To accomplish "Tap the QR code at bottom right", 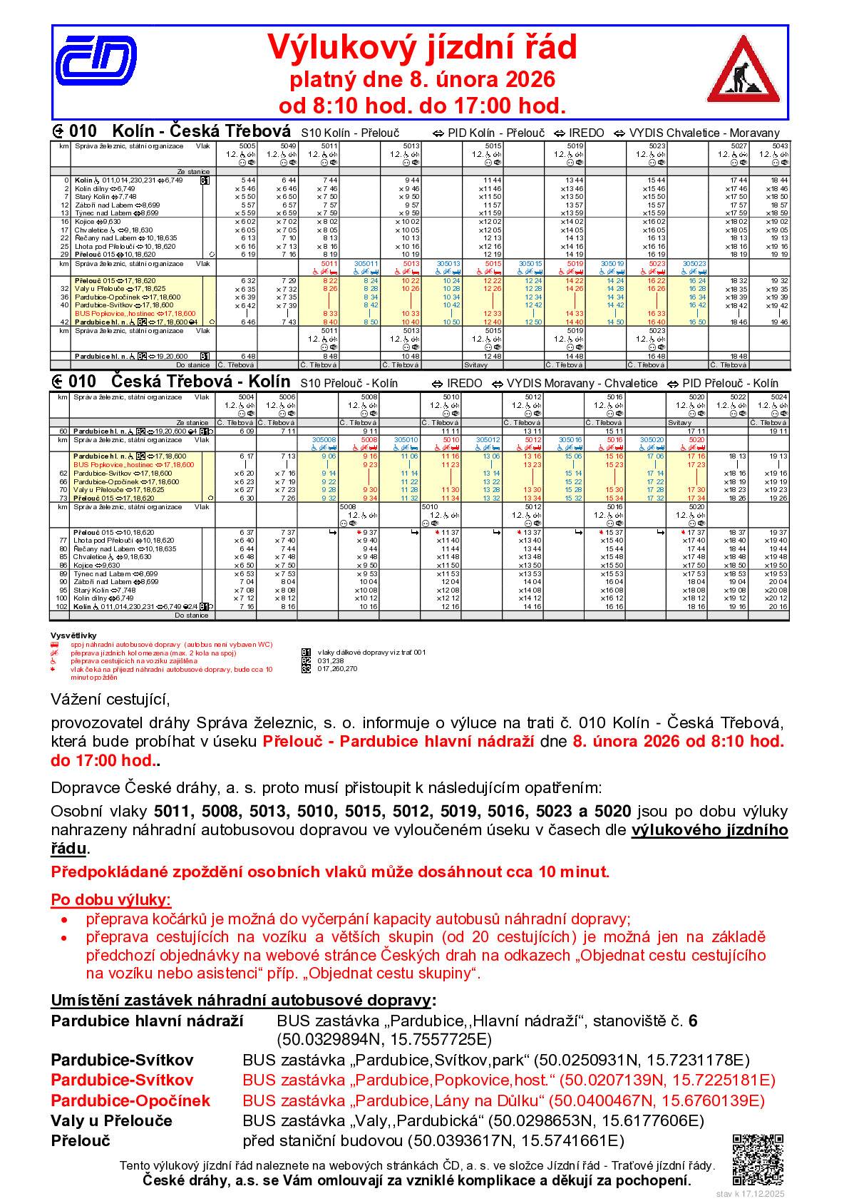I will click(758, 1157).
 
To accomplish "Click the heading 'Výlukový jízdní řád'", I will click(422, 48).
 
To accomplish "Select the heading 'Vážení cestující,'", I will click(110, 697).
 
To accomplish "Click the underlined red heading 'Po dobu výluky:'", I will click(110, 899).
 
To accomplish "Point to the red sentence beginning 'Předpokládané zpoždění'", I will click(330, 872).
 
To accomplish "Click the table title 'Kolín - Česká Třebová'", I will click(202, 132).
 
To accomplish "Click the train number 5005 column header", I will click(247, 145).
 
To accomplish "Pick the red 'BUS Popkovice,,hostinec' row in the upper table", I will click(125, 313).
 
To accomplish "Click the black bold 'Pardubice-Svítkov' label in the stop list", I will click(122, 1061).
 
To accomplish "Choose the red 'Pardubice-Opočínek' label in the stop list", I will click(130, 1100).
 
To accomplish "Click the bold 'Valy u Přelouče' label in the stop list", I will click(111, 1120).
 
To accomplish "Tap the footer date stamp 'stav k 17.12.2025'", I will click(750, 1193).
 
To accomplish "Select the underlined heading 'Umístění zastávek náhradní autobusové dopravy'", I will click(242, 1001).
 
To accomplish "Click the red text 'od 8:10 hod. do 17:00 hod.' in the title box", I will click(422, 106).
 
